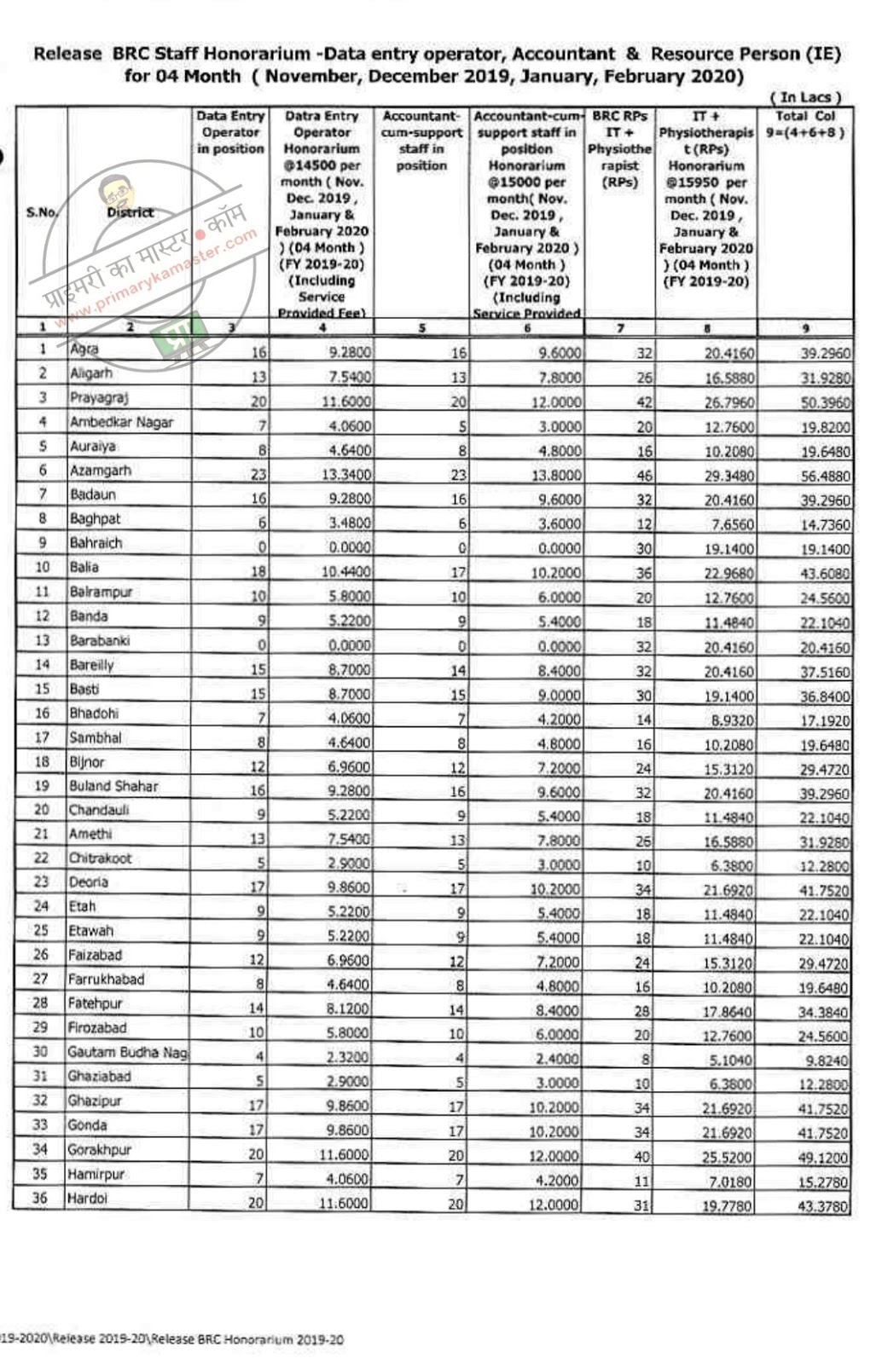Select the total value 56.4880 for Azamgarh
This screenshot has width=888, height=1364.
click(x=825, y=476)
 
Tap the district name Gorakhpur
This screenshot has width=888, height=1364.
click(x=100, y=1150)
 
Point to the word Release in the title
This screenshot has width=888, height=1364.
click(x=67, y=54)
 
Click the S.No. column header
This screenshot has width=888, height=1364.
click(x=41, y=212)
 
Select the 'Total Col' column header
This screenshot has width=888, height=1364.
click(x=805, y=124)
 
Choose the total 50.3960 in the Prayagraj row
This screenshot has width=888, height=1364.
click(x=825, y=402)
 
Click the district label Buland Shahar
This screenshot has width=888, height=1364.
click(x=113, y=786)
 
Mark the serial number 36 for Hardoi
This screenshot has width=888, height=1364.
click(x=40, y=1198)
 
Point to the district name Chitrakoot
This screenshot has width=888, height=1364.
click(x=100, y=858)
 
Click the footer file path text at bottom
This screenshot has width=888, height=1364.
click(x=171, y=1339)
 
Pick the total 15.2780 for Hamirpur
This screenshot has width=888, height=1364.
click(x=825, y=1182)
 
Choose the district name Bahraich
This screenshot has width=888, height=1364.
click(x=96, y=543)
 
